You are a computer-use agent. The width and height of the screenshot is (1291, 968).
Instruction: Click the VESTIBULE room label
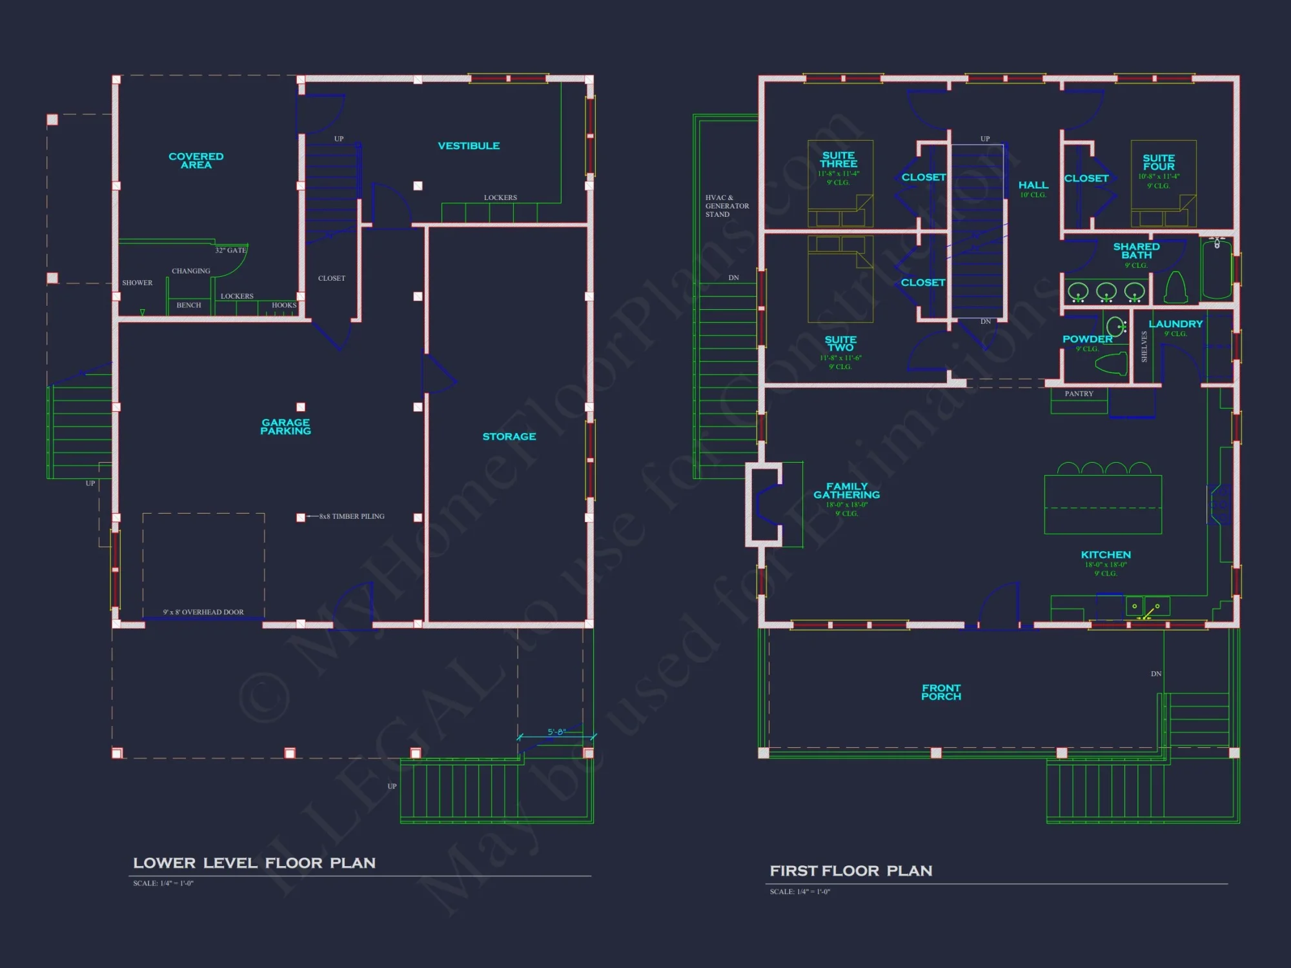pos(469,146)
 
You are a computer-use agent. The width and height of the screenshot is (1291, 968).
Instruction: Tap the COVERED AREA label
pos(196,161)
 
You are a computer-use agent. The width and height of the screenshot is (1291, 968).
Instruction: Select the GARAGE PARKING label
pos(285,427)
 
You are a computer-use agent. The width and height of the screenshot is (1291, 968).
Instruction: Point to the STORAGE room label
pos(509,437)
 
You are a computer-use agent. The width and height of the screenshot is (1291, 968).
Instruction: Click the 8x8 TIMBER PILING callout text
pos(352,516)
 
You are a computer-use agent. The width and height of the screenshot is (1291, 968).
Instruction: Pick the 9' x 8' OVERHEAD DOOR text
pos(203,612)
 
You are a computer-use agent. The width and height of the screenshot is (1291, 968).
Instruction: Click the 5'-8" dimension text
pos(556,732)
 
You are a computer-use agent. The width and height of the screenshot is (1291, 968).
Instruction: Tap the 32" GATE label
pos(230,250)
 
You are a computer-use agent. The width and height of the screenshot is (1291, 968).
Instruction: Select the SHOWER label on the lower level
pos(137,283)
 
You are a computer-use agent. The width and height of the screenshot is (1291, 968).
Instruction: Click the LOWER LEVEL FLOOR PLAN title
pos(254,863)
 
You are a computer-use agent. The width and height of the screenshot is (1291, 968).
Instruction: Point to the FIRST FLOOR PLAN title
pos(851,871)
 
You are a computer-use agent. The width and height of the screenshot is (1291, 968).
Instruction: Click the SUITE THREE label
pos(839,159)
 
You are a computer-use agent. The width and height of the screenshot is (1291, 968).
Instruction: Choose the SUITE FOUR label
pos(1159,162)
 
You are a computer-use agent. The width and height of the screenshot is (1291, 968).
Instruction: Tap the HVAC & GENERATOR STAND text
pos(727,206)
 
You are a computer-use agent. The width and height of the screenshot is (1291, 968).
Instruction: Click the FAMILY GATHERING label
pos(846,490)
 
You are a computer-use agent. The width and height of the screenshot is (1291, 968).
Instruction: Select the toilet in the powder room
pos(1112,364)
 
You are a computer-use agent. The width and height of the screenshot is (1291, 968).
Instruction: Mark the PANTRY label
pos(1079,394)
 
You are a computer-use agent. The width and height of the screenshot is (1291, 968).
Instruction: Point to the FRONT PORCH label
pos(941,692)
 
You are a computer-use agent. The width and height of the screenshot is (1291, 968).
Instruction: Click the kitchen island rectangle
pos(1103,505)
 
